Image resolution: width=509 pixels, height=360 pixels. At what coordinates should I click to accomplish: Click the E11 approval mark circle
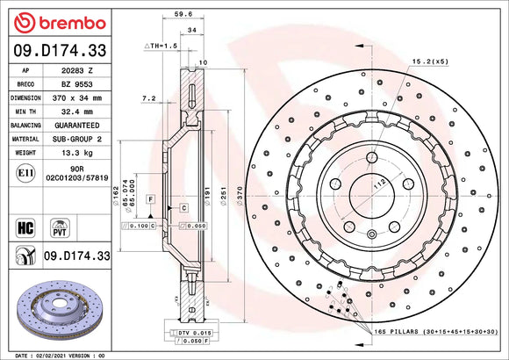pos(25,176)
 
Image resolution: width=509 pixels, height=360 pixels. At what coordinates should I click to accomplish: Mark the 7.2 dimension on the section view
pos(148,99)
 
